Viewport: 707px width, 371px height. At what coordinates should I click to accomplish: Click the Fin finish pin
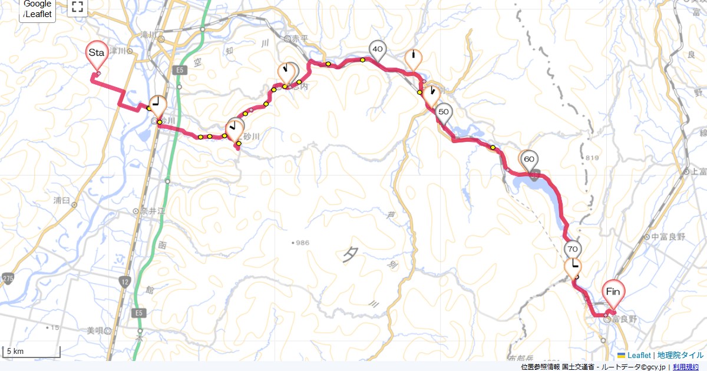coord(613,291)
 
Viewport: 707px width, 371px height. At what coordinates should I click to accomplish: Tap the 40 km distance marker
coord(377,49)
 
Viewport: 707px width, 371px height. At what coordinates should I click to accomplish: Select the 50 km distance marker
coord(444,112)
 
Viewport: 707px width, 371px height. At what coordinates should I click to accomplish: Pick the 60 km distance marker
coord(529,159)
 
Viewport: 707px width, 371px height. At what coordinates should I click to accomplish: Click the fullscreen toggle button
coord(77,7)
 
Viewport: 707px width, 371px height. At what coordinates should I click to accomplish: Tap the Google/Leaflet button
coord(38,10)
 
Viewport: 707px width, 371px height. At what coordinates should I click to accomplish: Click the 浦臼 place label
coord(62,200)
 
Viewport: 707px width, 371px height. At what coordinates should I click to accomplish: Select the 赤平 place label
coord(300,39)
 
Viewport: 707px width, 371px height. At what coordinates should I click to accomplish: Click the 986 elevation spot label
coord(303,243)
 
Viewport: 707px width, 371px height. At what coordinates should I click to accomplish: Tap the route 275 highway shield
coord(8,277)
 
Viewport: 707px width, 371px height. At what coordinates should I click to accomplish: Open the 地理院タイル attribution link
coord(680,355)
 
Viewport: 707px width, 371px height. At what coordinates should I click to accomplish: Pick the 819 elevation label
coord(592,158)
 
